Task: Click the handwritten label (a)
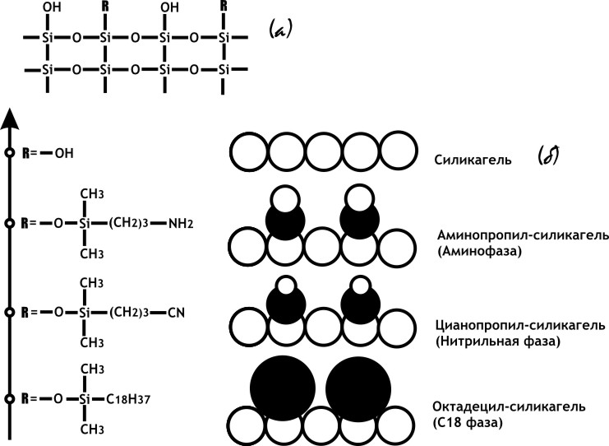click(281, 31)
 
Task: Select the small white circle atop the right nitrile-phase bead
click(359, 286)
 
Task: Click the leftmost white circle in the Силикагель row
click(247, 154)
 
